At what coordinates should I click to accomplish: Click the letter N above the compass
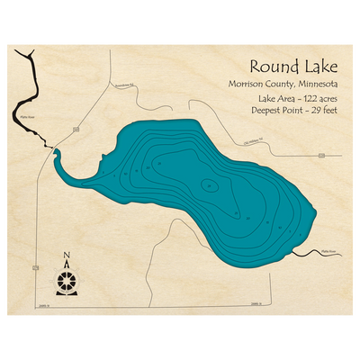[x=66, y=256]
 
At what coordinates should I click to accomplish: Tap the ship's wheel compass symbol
[x=66, y=280]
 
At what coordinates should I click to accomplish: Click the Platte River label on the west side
[x=24, y=116]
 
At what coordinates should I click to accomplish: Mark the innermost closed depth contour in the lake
[x=209, y=185]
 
